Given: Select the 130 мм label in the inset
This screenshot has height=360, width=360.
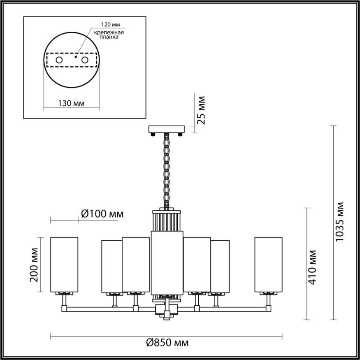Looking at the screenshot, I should (71, 103).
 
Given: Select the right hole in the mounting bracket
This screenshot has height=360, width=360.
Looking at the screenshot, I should (85, 60).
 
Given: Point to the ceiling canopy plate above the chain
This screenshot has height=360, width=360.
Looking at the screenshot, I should (167, 129).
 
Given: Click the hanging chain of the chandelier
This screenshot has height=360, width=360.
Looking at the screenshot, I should (167, 169).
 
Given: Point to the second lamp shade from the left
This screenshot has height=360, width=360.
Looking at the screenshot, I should (111, 267).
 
